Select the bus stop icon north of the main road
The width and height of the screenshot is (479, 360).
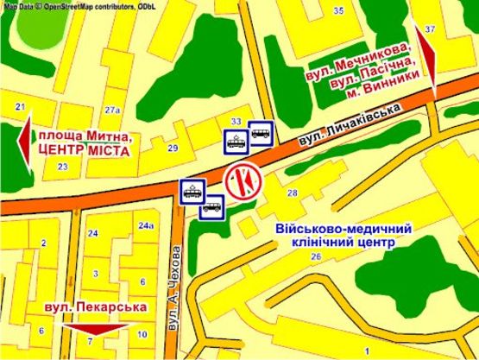(x=261, y=135)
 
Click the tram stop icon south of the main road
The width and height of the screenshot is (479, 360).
(x=192, y=192)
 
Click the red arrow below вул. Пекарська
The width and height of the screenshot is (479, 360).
(x=96, y=329)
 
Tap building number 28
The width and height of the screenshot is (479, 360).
(x=292, y=193)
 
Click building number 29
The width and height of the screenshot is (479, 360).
(x=173, y=148)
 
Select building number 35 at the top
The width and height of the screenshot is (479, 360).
(x=338, y=10)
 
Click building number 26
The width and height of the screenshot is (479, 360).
(x=317, y=257)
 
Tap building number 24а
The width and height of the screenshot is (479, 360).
(x=145, y=226)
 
